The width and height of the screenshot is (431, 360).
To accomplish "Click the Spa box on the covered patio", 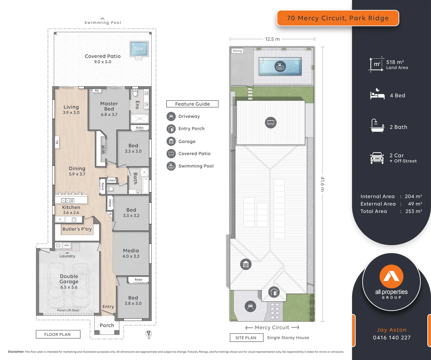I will click(139, 49).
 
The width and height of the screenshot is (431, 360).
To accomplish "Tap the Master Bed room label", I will click(109, 106).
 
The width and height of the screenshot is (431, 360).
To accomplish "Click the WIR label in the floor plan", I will click(103, 149).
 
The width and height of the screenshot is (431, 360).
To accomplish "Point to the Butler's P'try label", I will click(77, 229).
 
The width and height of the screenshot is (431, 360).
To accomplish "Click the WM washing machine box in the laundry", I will click(67, 245).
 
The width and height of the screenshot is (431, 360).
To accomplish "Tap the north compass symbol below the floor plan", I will click(149, 333).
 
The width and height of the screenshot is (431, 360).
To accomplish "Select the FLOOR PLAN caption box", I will click(58, 334).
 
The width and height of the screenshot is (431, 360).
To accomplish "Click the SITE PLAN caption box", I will click(246, 338).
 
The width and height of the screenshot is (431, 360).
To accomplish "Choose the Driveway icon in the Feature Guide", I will click(171, 116).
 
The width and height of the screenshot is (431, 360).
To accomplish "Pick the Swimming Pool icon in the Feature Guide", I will click(171, 166).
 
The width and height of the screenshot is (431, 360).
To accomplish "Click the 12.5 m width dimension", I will click(272, 39).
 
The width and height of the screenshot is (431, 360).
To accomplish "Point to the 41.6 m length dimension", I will click(322, 184).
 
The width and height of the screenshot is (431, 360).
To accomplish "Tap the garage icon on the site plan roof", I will click(246, 265).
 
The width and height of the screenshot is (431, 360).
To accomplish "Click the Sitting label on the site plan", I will click(237, 51).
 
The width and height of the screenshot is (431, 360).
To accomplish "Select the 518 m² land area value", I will click(395, 62).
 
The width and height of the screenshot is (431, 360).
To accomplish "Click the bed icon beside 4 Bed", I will click(377, 95).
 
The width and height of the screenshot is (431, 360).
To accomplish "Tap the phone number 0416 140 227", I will click(392, 338).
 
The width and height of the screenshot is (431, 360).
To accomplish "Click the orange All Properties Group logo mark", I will click(391, 276).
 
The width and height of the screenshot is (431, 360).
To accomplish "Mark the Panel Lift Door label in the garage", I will click(68, 310).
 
